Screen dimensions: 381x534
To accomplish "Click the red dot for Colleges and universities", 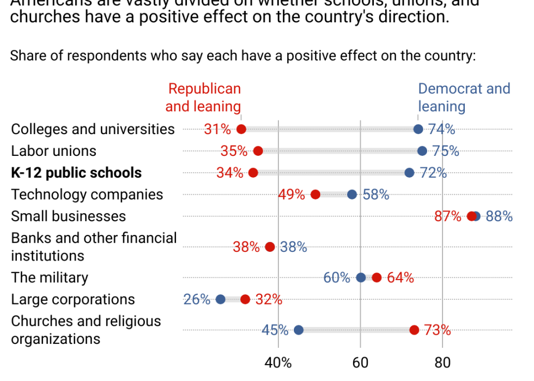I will click(241, 129).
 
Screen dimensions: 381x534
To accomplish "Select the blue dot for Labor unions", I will click(422, 151).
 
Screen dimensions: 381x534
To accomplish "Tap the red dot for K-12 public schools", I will click(253, 173).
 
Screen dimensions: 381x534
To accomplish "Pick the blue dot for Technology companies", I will click(352, 195).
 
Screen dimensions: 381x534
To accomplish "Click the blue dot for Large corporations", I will click(221, 299).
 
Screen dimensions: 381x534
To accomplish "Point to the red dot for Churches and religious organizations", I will click(414, 330).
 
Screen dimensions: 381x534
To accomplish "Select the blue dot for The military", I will click(361, 277).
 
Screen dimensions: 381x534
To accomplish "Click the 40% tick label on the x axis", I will click(278, 362).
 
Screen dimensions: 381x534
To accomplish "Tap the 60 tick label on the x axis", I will click(361, 362).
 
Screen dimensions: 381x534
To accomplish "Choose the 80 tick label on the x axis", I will click(442, 362).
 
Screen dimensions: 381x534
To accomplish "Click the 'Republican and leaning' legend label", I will click(204, 98).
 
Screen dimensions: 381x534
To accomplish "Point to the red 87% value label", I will click(448, 216).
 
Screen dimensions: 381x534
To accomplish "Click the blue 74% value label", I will click(441, 129).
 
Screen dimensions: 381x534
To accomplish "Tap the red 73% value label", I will click(438, 330).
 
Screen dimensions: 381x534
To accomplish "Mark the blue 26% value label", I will click(197, 299).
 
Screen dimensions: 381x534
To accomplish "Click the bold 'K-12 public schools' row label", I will click(76, 173).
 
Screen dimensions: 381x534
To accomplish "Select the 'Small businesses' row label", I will click(69, 216).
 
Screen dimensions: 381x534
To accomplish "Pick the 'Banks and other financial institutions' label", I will click(94, 247).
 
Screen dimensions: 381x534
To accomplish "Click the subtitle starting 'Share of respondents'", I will click(243, 56).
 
